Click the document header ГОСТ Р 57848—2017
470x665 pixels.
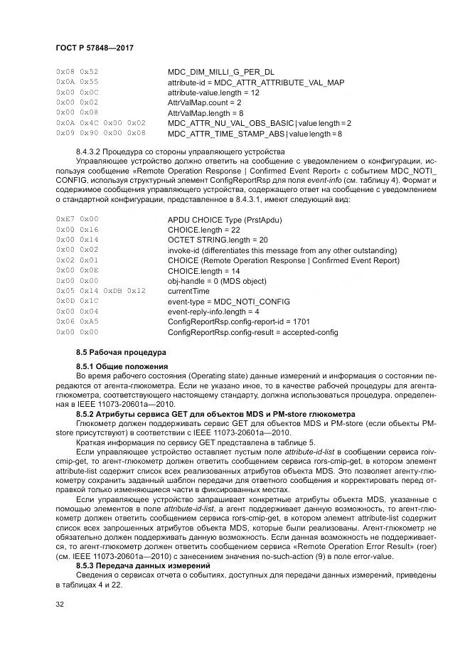pos(94,48)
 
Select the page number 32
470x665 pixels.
pos(59,605)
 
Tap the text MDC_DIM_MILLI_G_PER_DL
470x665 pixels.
pos(220,73)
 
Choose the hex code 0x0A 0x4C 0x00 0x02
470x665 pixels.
pos(100,123)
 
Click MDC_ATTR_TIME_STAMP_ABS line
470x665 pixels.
pos(255,133)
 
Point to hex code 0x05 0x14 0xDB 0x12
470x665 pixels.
pos(100,291)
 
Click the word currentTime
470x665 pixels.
pos(188,291)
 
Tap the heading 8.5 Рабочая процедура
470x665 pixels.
pos(120,352)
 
